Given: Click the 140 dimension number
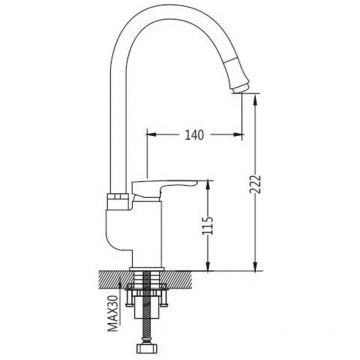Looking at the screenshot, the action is pos(194,135).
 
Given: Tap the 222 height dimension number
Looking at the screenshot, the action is pos(256,184).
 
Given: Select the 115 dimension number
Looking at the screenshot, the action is pos(208,226).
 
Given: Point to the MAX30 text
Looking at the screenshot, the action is pos(114,313).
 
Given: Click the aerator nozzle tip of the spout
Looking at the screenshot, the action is pos(241,88).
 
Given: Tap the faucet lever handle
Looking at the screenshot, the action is pos(164,188).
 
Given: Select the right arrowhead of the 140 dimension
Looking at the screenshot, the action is pos(239,135).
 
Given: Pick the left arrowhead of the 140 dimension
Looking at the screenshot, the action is pos(151,134).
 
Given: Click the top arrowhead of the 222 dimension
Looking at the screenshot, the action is pos(255,99).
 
